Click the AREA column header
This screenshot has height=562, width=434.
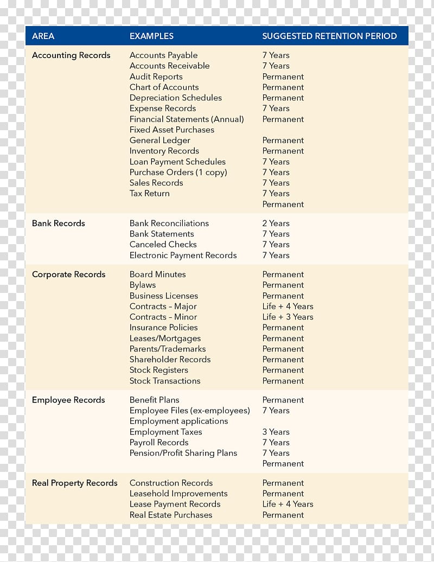43,36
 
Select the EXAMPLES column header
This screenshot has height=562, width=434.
151,36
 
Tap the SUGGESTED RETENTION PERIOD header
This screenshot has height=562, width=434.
329,36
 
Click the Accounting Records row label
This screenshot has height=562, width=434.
71,55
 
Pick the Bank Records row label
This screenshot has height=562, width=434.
59,223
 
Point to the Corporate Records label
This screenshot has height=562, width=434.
68,274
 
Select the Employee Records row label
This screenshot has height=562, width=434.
68,400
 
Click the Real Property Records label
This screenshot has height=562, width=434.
75,483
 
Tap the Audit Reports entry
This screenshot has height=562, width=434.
156,76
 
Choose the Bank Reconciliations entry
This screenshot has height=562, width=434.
169,223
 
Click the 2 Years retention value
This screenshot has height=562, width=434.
276,223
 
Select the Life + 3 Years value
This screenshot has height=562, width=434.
288,317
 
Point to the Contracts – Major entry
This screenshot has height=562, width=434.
163,306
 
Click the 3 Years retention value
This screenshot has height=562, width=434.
276,432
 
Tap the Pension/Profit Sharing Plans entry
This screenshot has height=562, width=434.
183,453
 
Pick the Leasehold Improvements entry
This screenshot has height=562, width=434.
178,494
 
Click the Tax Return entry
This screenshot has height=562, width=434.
149,194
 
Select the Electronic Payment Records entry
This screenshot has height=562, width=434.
183,256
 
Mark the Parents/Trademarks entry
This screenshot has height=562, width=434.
167,349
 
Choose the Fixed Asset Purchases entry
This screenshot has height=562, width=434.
171,130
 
